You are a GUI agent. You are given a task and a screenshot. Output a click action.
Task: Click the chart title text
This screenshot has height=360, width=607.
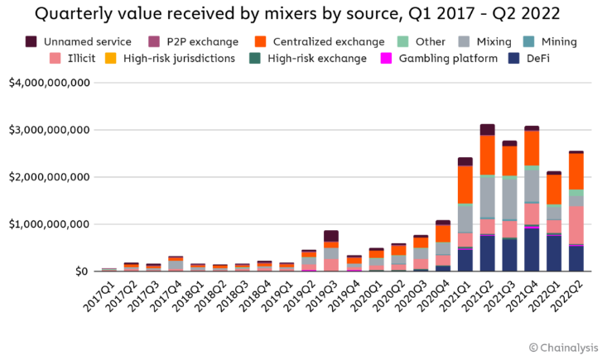pos(302,14)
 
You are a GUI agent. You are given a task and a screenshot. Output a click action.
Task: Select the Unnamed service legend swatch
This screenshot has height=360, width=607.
pos(31,41)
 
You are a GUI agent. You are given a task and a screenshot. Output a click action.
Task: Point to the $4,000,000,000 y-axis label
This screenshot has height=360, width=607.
pos(49,83)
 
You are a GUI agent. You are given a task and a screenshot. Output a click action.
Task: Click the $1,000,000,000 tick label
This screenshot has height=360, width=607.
pos(49,224)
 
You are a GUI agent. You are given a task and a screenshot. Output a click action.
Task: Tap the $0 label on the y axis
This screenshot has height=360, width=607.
pos(80,271)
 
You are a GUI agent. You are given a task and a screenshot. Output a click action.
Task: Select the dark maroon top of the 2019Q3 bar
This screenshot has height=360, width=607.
pos(331,236)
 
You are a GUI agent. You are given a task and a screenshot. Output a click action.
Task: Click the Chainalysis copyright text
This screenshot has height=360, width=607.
pos(562,347)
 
